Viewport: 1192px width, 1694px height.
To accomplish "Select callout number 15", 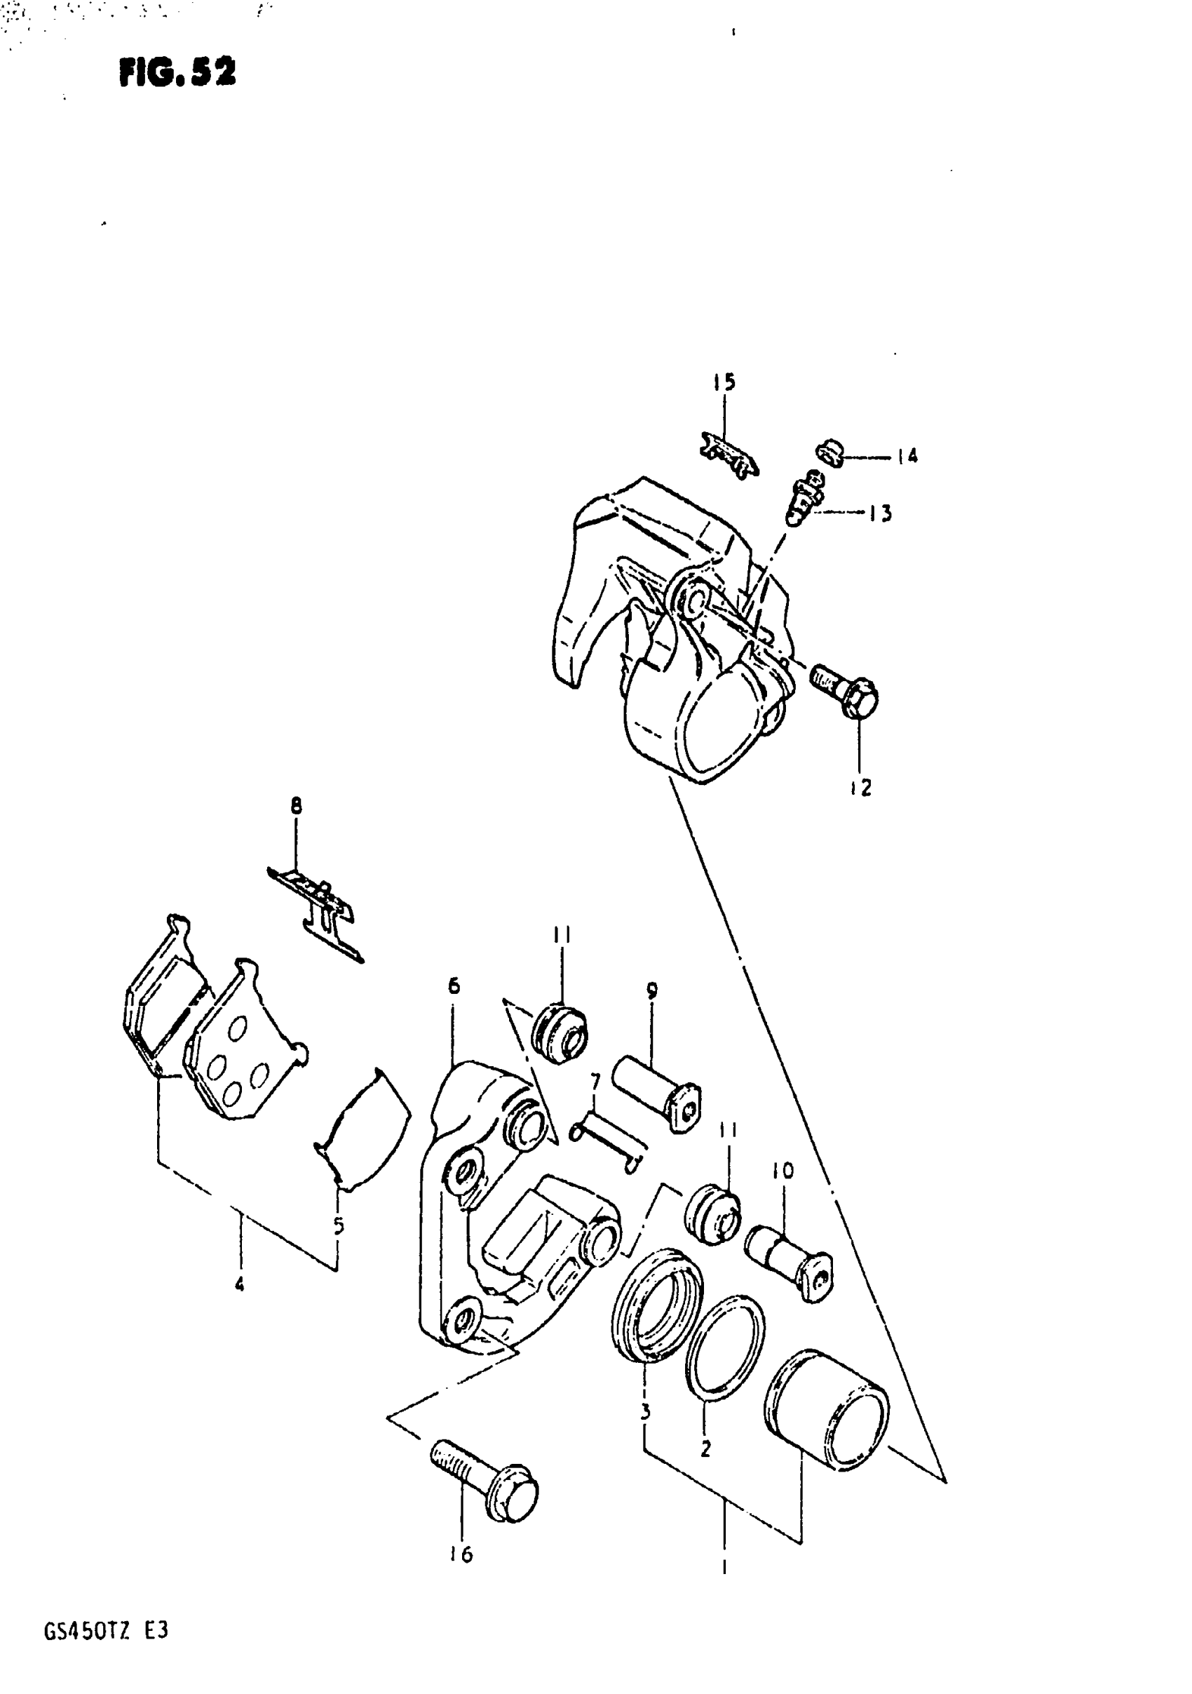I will tap(724, 382).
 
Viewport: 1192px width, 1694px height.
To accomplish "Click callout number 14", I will tap(907, 457).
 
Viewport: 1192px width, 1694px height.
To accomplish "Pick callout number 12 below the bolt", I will tap(861, 788).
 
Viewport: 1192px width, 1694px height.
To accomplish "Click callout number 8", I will tap(296, 807).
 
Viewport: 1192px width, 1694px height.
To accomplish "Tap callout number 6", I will tap(454, 986).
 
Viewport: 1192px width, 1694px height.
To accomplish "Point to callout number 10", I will tap(783, 1171).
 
